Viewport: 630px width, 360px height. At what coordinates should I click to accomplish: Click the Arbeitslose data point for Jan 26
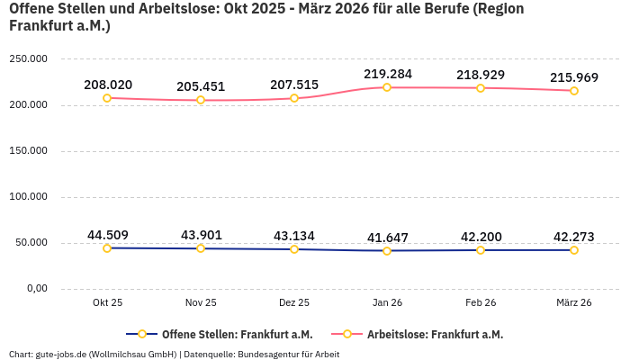point(387,87)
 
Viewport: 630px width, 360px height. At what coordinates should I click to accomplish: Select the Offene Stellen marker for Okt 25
point(107,248)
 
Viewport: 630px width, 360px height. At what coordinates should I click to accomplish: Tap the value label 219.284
point(387,73)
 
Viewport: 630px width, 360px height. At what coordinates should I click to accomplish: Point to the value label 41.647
point(387,238)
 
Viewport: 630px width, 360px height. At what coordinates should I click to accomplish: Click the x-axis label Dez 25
point(294,303)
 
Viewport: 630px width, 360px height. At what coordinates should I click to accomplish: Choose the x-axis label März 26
point(573,303)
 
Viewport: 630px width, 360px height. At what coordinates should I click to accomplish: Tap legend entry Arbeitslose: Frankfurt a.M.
point(435,334)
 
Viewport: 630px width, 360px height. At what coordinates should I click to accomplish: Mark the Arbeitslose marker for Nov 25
point(201,100)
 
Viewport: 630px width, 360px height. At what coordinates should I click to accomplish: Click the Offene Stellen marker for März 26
point(573,249)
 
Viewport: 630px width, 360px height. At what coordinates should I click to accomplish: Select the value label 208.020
point(108,85)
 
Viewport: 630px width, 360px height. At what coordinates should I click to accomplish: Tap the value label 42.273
point(573,237)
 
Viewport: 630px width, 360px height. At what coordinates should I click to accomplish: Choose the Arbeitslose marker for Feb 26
point(481,88)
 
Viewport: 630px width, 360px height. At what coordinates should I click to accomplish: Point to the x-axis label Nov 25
point(201,303)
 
